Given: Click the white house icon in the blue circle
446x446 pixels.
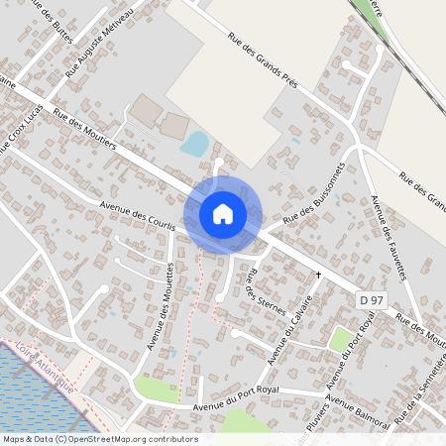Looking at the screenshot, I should pyautogui.click(x=222, y=213).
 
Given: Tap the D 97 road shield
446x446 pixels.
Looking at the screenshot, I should pyautogui.click(x=372, y=299).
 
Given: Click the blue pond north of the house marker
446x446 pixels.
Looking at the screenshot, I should pyautogui.click(x=195, y=144).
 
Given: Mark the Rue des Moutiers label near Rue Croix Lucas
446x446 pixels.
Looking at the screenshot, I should pyautogui.click(x=84, y=130).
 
